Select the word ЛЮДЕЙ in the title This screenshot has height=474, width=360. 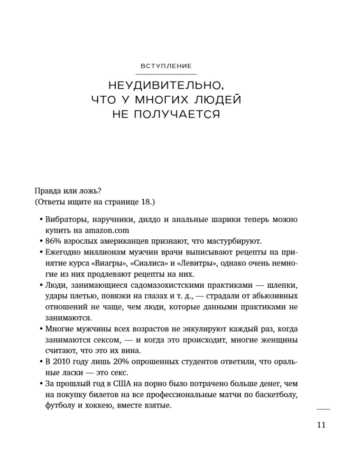pyautogui.click(x=221, y=100)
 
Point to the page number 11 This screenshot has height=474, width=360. pyautogui.click(x=321, y=425)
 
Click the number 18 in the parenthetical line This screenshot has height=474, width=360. pyautogui.click(x=146, y=202)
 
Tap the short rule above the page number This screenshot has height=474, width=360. pyautogui.click(x=323, y=409)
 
